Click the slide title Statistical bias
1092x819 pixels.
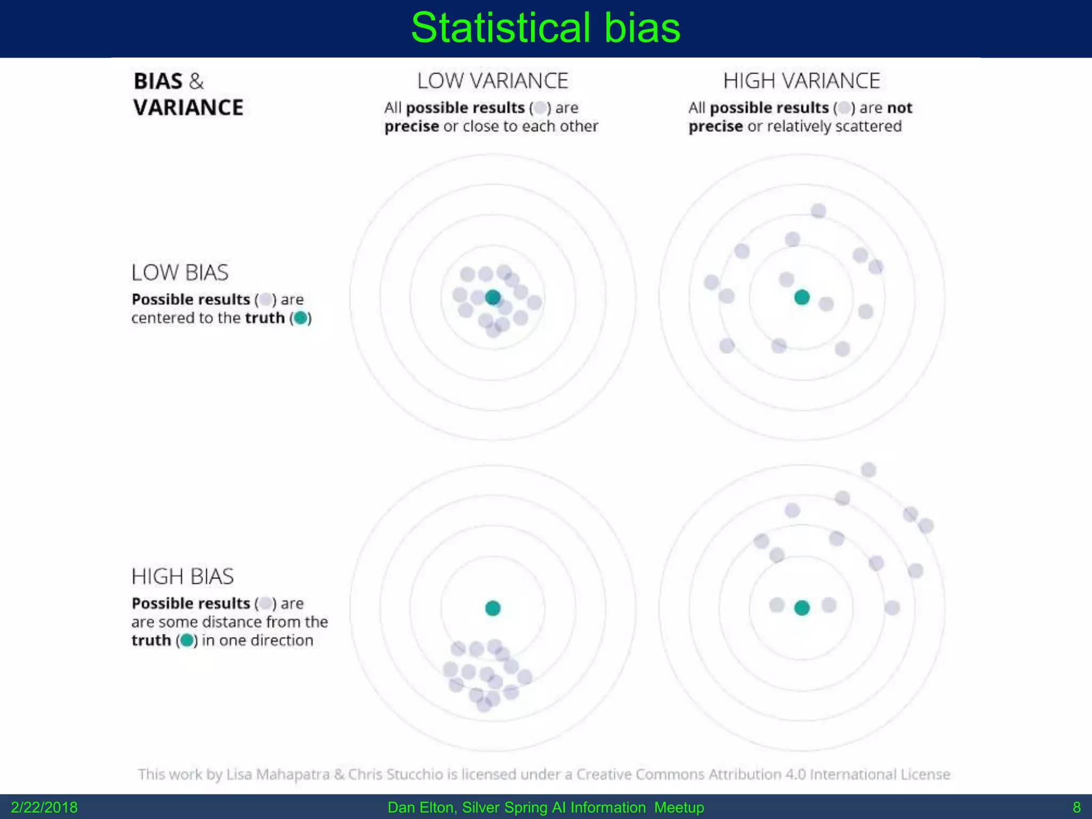coord(545,28)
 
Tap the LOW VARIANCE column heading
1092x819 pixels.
coord(492,81)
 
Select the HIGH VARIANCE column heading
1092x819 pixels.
coord(801,81)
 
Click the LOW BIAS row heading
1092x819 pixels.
coord(180,272)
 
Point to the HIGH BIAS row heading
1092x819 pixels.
coord(182,576)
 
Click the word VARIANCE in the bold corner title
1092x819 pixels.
coord(188,108)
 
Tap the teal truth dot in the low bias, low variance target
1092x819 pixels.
coord(493,298)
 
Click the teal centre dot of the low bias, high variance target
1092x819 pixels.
coord(801,298)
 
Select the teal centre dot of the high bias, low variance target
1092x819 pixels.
coord(493,608)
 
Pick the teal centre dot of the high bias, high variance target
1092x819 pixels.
coord(801,608)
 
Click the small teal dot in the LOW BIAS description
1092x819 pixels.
coord(301,318)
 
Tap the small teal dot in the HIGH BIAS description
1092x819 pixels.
coord(187,640)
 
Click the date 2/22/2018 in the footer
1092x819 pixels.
coord(44,807)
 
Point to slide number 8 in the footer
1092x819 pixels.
coord(1076,807)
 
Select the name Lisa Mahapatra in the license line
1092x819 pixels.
coord(277,774)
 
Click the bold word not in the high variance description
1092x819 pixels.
coord(900,108)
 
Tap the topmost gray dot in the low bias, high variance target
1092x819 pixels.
coord(818,211)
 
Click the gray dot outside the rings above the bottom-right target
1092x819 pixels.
coord(868,470)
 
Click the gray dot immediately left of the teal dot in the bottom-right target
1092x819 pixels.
coord(777,605)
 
